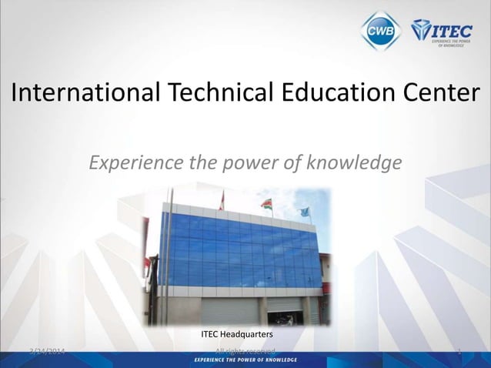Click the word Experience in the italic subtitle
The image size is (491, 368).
[x=132, y=163]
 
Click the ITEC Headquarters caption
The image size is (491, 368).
[x=236, y=335]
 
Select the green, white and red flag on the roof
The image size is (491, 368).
[x=267, y=204]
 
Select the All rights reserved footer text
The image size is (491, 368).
[x=245, y=352]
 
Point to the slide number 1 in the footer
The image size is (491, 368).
[x=459, y=353]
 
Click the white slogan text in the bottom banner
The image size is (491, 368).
[x=245, y=360]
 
